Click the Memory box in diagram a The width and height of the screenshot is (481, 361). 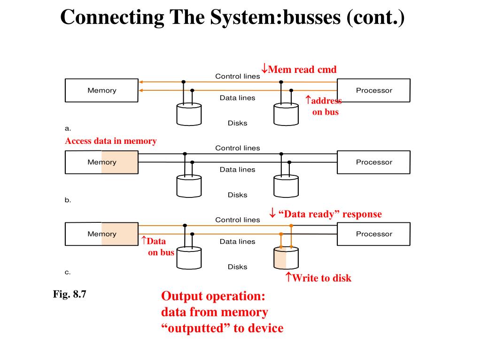click(x=101, y=90)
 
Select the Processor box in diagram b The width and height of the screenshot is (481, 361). click(x=373, y=162)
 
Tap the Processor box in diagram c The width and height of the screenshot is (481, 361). click(x=373, y=234)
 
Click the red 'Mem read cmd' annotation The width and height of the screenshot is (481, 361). click(x=299, y=69)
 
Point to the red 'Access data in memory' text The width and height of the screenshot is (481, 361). click(x=111, y=141)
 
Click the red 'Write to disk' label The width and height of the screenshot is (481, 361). click(x=318, y=278)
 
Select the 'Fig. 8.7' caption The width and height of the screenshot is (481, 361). click(x=70, y=294)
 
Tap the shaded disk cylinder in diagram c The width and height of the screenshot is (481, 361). click(x=286, y=258)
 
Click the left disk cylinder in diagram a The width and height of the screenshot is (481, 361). click(x=189, y=114)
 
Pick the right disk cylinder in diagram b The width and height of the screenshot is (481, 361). click(x=286, y=186)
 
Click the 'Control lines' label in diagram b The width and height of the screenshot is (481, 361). click(x=237, y=148)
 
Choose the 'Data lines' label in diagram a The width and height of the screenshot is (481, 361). click(x=237, y=98)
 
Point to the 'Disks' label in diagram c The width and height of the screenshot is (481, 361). click(x=237, y=267)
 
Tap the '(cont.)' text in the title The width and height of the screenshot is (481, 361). click(x=375, y=17)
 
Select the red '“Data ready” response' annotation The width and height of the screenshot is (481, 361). click(x=326, y=214)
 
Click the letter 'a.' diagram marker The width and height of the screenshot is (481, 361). click(x=68, y=128)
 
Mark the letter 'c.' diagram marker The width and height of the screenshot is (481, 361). click(x=68, y=272)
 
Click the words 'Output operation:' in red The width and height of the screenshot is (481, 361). click(x=213, y=296)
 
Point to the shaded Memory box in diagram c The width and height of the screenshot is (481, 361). click(x=101, y=234)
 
